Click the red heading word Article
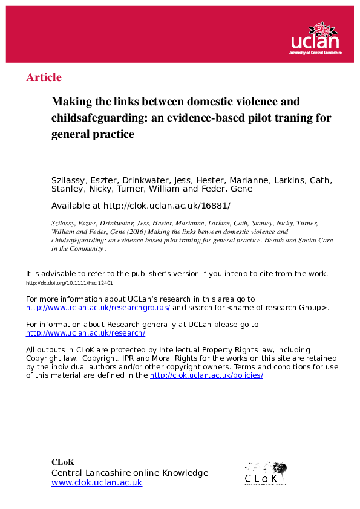pyautogui.click(x=44, y=77)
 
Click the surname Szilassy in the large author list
pyautogui.click(x=71, y=180)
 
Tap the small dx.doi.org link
pyautogui.click(x=70, y=283)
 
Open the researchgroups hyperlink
pyautogui.click(x=98, y=307)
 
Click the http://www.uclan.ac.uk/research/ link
pyautogui.click(x=85, y=332)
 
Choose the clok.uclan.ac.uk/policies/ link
pyautogui.click(x=206, y=375)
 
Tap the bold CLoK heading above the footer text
pyautogui.click(x=62, y=462)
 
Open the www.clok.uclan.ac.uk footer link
pyautogui.click(x=97, y=482)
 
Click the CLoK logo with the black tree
pyautogui.click(x=265, y=473)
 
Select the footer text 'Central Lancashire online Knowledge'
pyautogui.click(x=129, y=473)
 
